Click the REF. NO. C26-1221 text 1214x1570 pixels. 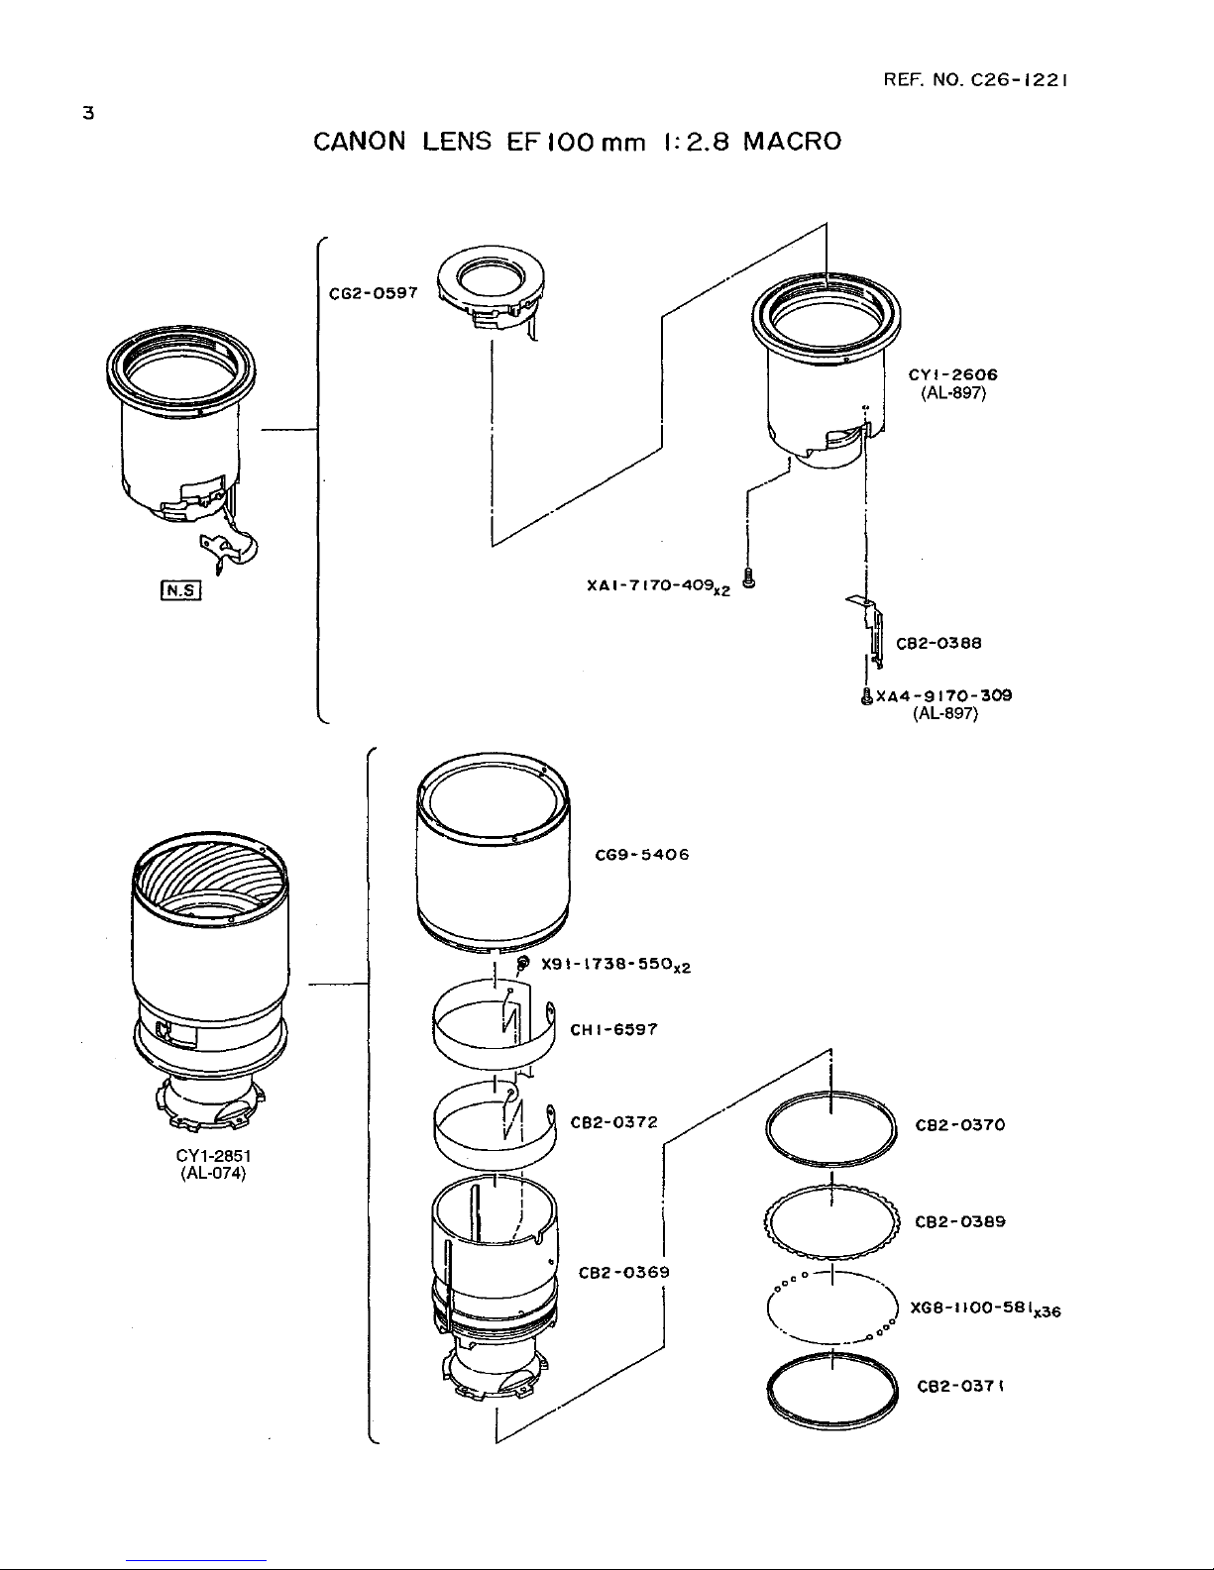[x=975, y=80]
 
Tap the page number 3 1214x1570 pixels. [x=88, y=113]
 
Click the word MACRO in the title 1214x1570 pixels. [x=793, y=141]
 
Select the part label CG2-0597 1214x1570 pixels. [x=373, y=292]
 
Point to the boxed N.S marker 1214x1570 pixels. [x=180, y=590]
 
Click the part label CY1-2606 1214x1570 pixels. [x=953, y=374]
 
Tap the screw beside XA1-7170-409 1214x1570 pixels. [x=749, y=579]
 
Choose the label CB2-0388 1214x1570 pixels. [x=938, y=643]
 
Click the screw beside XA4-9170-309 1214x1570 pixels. [x=867, y=695]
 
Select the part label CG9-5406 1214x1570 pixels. [x=642, y=855]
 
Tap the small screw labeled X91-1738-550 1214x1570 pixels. [x=524, y=963]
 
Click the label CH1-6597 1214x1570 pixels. [x=613, y=1029]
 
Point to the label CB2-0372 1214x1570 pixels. [x=613, y=1122]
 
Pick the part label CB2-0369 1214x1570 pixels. [x=623, y=1272]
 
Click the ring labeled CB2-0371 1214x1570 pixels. [x=831, y=1357]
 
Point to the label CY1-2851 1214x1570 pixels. [x=213, y=1156]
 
